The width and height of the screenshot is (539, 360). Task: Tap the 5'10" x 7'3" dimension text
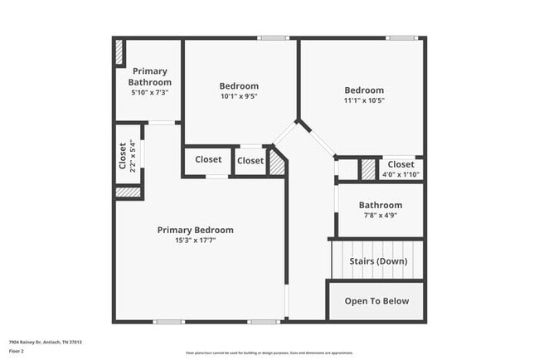point(150,92)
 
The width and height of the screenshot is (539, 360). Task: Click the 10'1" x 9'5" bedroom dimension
point(239,97)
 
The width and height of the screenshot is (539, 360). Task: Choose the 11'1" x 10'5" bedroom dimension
point(364,101)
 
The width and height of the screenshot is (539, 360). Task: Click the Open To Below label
point(376,300)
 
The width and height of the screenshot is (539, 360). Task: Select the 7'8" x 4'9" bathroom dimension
point(381,216)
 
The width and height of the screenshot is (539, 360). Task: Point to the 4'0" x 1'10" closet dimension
point(401,174)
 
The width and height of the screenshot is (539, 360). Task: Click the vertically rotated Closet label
point(123,156)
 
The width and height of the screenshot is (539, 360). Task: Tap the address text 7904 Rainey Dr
point(45,342)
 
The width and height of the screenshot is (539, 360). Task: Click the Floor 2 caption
point(17,351)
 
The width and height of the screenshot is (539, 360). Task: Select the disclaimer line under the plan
point(269,353)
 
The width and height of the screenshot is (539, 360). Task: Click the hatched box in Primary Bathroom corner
point(119,52)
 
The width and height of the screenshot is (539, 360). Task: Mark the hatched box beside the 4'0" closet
point(367,168)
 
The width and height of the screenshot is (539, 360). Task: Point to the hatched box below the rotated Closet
point(127,192)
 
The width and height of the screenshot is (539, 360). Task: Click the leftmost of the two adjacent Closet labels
point(208,160)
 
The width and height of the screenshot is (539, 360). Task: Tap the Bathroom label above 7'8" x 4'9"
point(381,205)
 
